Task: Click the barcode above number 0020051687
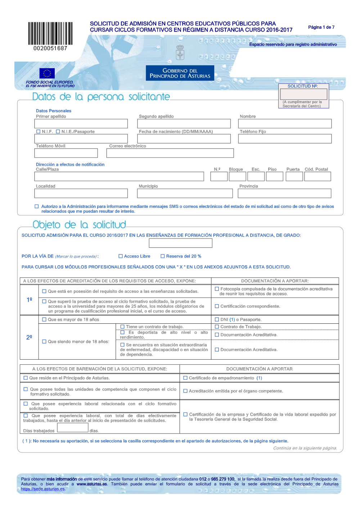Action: coord(50,33)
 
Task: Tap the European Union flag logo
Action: coord(47,73)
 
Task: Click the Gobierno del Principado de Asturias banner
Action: coord(180,73)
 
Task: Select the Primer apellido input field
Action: coord(81,124)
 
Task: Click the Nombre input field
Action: coord(285,124)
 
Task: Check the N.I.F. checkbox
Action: coord(38,132)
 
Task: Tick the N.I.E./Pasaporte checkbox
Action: coord(58,132)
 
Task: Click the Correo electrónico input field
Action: coord(170,153)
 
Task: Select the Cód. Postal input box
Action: coord(318,177)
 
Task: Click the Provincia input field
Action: coord(284,194)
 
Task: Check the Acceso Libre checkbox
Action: coord(121,256)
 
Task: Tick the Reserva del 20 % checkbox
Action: coord(163,256)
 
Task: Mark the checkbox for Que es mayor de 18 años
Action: coord(44,319)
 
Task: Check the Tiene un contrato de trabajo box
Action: coord(122,327)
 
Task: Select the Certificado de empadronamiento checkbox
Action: coord(185,378)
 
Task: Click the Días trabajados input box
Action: coord(73,428)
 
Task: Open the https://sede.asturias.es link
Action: coord(43,489)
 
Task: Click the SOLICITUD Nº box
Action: coord(303,94)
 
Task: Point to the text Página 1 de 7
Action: coord(321,27)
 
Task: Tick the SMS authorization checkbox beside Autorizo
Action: coord(37,206)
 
